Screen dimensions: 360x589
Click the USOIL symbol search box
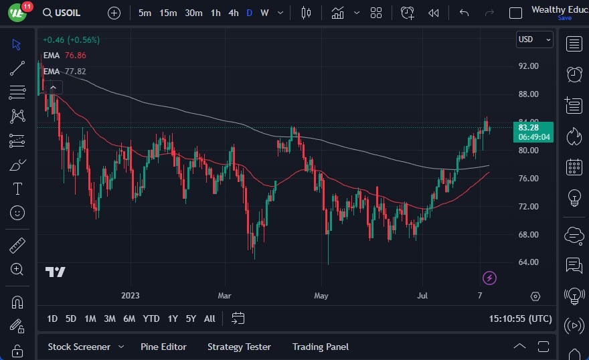[x=66, y=13]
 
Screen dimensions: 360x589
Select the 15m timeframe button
[x=168, y=13]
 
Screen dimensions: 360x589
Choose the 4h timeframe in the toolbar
[x=233, y=13]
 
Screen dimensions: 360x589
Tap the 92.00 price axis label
[x=528, y=66]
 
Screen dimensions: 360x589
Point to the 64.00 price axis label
[x=528, y=262]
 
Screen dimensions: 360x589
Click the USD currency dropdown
[x=534, y=39]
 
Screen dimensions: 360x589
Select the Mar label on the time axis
[x=224, y=295]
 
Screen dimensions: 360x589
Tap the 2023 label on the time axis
[x=130, y=295]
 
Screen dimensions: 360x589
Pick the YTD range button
[x=151, y=319]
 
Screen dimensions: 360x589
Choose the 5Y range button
[x=191, y=319]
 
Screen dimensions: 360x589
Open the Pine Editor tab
[x=163, y=347]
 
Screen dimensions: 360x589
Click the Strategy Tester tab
[x=239, y=347]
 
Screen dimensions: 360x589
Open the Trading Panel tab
[x=320, y=347]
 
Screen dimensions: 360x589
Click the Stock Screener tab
[x=79, y=347]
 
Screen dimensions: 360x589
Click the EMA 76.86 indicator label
[x=64, y=56]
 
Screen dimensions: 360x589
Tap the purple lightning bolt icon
[x=489, y=278]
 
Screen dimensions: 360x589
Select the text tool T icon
[x=18, y=189]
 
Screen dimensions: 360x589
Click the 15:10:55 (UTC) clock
[x=520, y=319]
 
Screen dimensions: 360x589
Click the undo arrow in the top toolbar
[x=464, y=13]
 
